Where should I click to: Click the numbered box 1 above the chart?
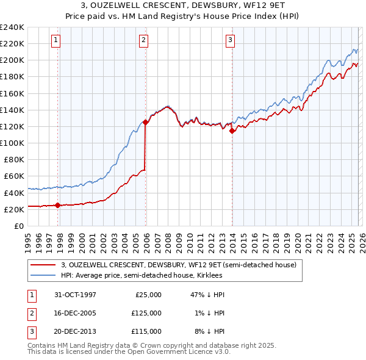tap(56, 40)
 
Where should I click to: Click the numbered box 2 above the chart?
tap(143, 40)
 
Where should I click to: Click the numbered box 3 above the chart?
tap(230, 40)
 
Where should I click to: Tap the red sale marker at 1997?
tap(58, 205)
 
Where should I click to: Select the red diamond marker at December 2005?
tap(146, 122)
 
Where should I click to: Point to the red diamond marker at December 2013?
tap(232, 131)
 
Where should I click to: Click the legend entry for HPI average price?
tap(142, 276)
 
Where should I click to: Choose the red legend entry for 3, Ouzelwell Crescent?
tap(178, 265)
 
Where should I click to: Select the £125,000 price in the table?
tap(146, 313)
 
